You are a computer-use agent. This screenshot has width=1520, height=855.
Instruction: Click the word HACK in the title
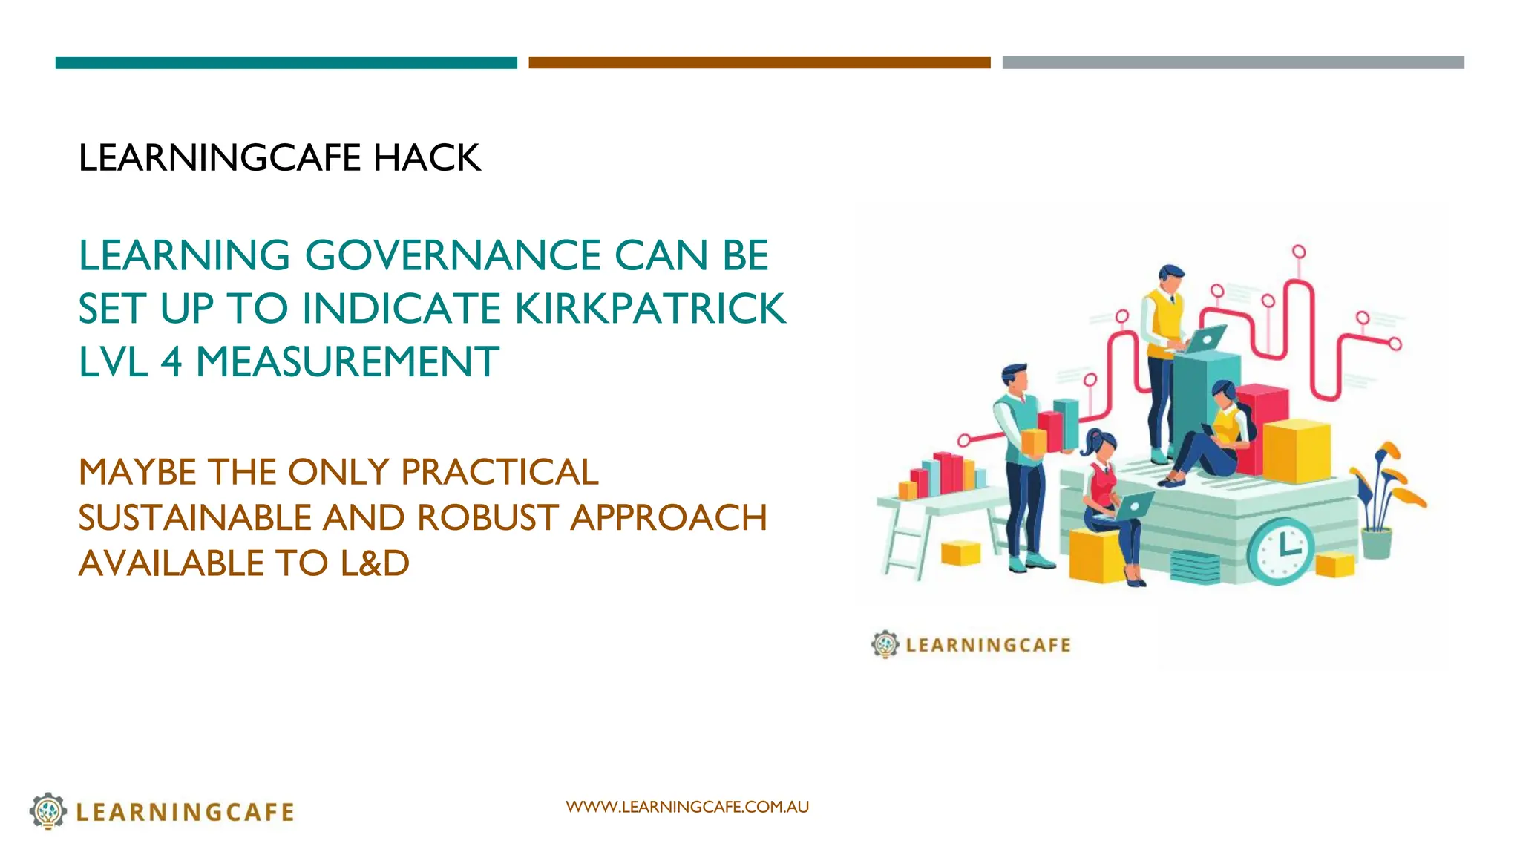427,158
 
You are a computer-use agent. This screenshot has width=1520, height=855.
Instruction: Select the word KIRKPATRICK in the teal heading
650,309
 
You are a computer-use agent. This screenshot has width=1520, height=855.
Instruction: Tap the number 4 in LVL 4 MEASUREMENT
171,362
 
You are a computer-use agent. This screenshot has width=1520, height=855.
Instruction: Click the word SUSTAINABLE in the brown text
194,518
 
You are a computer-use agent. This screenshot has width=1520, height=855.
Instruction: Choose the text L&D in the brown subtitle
375,563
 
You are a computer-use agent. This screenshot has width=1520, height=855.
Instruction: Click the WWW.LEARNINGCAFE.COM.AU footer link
687,807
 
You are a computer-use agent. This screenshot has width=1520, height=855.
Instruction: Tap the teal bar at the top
286,63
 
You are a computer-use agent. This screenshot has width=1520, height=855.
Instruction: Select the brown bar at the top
759,63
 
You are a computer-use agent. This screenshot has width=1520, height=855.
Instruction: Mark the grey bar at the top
1233,63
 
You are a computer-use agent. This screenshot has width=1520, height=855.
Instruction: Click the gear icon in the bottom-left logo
48,810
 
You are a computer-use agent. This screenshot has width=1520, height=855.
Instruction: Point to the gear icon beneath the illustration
885,644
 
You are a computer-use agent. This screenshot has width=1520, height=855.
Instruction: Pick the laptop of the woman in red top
1134,507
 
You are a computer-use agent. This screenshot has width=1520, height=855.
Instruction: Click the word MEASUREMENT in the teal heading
347,362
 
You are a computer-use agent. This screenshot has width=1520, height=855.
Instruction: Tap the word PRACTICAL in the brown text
499,472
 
